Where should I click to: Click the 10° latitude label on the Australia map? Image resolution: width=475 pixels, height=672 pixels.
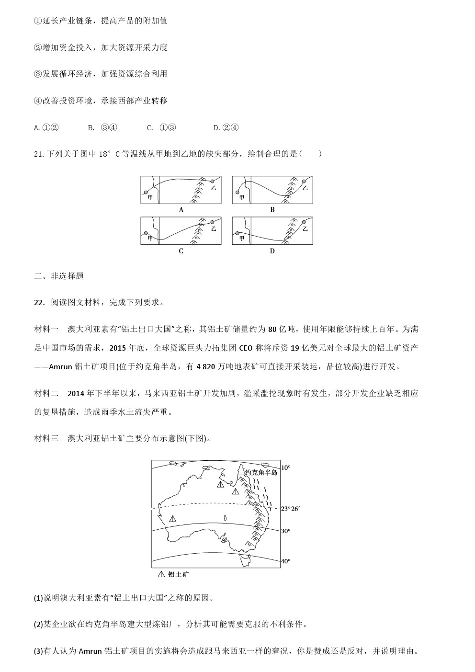(285, 467)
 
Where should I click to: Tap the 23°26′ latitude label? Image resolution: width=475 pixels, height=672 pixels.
(291, 509)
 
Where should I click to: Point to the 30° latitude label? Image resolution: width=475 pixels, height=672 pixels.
(285, 531)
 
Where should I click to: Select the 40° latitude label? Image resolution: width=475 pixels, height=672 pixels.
(285, 561)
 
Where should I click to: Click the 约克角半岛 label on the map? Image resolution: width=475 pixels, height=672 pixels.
(261, 472)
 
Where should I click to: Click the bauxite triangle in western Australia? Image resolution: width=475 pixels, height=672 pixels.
(172, 519)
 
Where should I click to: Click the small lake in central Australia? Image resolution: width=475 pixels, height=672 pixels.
(225, 517)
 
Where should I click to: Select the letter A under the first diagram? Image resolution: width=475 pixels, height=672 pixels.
(181, 209)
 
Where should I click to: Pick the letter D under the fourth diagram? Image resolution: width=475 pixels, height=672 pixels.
(272, 251)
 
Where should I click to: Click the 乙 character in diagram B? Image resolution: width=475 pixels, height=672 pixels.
(305, 188)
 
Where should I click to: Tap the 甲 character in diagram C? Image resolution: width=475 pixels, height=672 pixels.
(150, 238)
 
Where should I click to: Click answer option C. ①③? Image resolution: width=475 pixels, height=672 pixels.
(161, 127)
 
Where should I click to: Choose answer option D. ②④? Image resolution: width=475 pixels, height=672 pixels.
(226, 127)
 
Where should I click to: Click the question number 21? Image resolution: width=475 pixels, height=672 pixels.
(39, 154)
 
